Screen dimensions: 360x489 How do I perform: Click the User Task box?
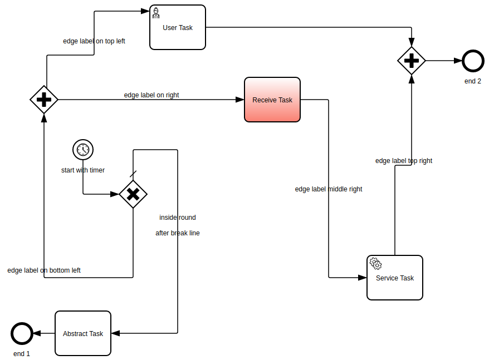coord(178,28)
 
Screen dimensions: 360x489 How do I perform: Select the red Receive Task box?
coord(272,100)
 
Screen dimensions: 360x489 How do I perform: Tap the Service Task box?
coord(395,278)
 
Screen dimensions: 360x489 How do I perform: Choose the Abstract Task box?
coord(83,333)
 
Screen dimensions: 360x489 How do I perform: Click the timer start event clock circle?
coord(83,150)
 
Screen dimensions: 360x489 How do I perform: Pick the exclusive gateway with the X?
coord(133,194)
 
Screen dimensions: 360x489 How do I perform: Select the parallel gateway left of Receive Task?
coord(44,100)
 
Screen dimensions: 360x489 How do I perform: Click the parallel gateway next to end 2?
coord(412,61)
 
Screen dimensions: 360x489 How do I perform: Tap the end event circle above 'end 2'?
coord(473,61)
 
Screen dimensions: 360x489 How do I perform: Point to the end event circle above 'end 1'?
coord(22,333)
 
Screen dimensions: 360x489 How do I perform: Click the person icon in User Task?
coord(157,13)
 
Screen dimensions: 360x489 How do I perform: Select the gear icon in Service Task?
coord(375,263)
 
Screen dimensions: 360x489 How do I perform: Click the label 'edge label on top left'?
coord(94,41)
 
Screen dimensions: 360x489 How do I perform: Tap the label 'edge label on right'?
coord(151,95)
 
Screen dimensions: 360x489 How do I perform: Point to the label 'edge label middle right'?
coord(329,189)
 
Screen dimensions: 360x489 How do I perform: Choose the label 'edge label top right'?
coord(404,161)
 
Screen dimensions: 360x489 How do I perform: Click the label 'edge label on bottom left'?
coord(44,270)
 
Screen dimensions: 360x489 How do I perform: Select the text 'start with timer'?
coord(83,170)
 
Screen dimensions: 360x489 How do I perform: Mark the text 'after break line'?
coord(178,233)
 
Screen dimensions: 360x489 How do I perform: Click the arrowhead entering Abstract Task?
coord(115,333)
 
